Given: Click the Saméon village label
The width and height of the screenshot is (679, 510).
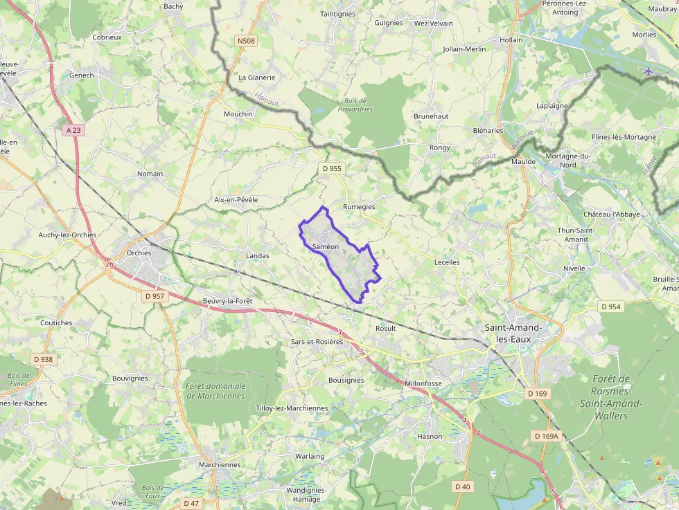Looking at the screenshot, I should [325, 247].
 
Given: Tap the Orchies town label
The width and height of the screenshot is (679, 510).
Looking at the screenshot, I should [139, 253].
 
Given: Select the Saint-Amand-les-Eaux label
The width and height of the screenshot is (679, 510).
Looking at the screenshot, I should [513, 333].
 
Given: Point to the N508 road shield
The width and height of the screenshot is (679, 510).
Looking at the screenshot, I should [246, 41].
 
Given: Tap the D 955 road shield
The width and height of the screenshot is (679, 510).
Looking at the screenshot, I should [332, 168].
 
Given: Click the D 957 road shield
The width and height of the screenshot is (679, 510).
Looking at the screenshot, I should [155, 296].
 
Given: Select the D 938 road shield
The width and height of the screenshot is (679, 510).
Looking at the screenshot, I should [43, 359].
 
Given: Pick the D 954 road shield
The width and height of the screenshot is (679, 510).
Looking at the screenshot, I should [610, 307].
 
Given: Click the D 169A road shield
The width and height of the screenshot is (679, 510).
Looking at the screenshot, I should [546, 436].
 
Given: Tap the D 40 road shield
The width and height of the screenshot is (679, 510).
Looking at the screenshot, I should [462, 486].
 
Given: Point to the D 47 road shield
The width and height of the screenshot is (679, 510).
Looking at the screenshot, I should [191, 503].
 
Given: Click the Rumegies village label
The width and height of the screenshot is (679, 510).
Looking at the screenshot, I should [359, 207].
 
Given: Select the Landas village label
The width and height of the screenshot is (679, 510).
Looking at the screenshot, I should [257, 256].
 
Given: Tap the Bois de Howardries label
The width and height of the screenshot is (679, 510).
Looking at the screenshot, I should [356, 105].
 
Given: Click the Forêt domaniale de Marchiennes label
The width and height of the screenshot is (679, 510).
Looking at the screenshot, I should [215, 391].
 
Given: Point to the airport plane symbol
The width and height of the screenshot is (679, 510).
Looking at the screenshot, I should [648, 71].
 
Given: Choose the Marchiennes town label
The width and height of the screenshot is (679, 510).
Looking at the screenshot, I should [220, 465].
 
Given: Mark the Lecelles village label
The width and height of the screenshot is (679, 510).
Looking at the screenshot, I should [447, 263].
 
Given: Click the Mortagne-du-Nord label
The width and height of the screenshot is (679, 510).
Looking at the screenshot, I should [567, 161].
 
